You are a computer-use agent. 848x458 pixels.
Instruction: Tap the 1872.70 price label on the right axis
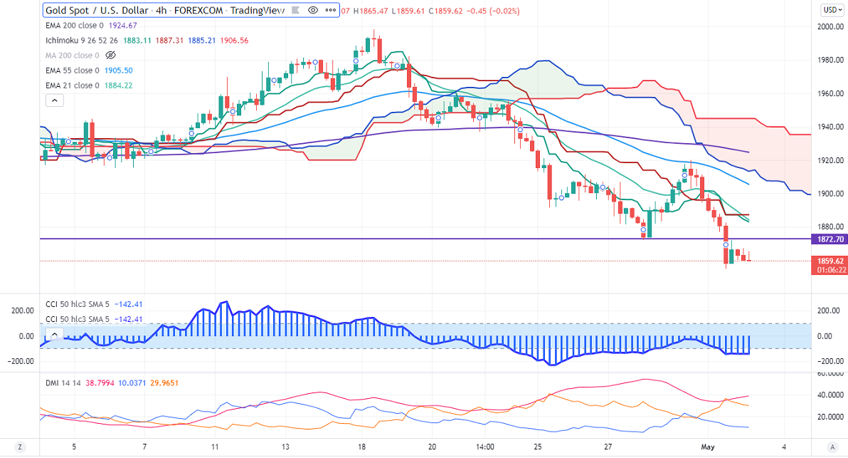(x=828, y=239)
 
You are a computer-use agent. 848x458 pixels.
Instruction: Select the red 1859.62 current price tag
(x=828, y=261)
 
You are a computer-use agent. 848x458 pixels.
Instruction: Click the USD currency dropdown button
(x=830, y=10)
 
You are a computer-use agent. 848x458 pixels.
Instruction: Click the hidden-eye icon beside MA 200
(x=110, y=56)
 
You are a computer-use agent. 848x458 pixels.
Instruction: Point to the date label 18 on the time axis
(x=362, y=447)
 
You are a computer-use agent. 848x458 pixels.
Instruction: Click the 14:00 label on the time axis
(x=485, y=447)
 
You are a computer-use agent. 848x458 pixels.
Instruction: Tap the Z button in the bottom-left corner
(x=21, y=447)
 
